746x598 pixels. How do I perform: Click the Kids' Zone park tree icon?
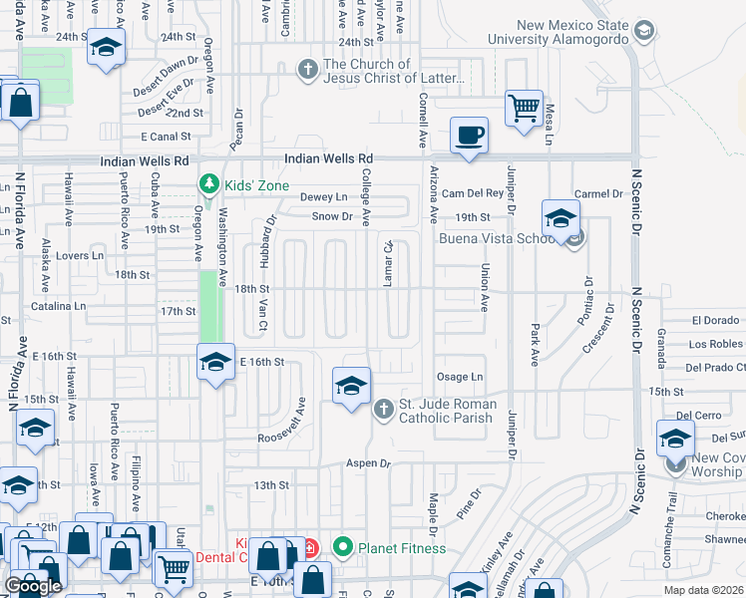(x=208, y=185)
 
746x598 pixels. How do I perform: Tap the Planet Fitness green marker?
(x=344, y=547)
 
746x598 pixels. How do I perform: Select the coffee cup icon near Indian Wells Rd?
(x=468, y=136)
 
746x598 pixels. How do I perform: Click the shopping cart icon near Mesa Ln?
(x=524, y=107)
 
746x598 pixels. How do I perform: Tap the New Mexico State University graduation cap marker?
(x=643, y=30)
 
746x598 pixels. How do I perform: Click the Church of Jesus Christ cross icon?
(x=309, y=71)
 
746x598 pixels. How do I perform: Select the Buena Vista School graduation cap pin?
(x=561, y=219)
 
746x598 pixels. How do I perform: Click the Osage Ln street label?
(x=460, y=377)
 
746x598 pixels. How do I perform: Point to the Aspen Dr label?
(x=368, y=464)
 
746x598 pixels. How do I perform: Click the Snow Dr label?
(x=332, y=216)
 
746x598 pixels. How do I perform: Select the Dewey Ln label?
(x=328, y=197)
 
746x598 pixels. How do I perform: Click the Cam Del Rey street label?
(x=469, y=192)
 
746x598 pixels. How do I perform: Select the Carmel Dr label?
(x=598, y=193)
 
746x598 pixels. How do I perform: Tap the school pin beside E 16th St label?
(x=214, y=363)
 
